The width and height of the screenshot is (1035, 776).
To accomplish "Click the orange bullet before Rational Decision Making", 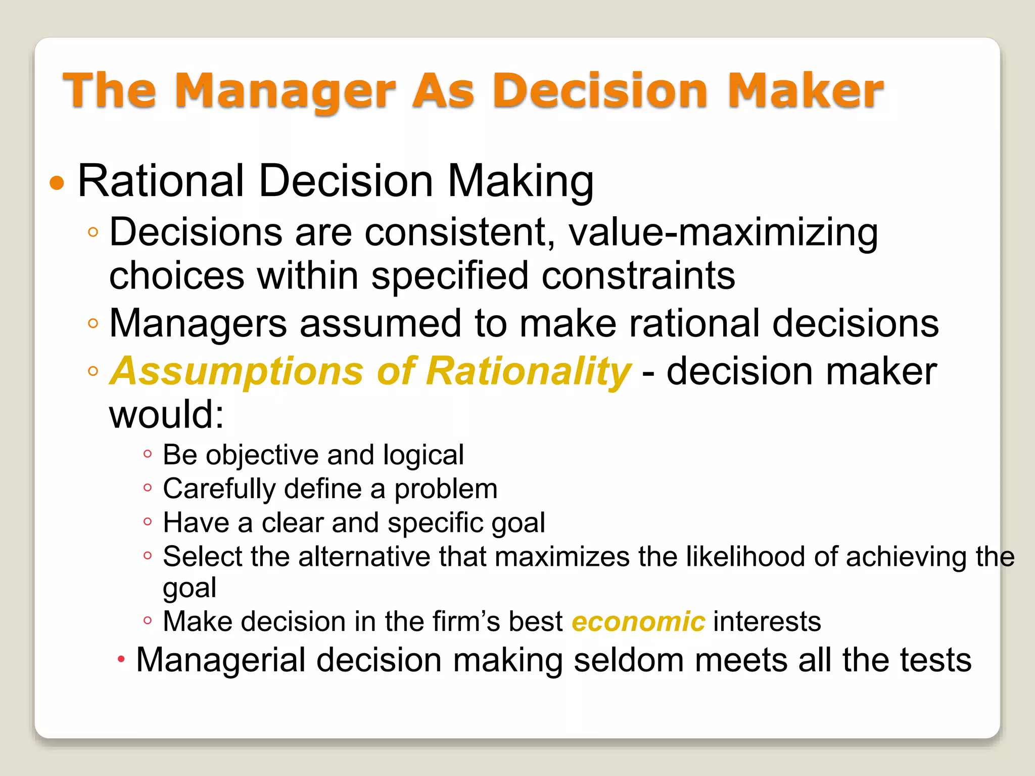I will coord(57,183).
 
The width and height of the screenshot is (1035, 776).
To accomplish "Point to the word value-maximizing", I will coord(723,232).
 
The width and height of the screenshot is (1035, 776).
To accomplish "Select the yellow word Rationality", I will coord(528,372).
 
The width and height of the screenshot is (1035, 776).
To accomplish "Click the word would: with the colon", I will coord(166,415).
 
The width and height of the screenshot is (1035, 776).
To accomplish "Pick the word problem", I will coord(446,489).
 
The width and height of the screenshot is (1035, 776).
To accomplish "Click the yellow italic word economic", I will coord(638,621).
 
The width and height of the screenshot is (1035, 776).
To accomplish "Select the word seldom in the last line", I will coord(629,660).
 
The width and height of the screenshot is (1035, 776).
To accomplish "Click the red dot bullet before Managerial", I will coord(121,659).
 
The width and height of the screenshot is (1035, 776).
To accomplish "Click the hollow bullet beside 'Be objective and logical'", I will coord(147,454).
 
